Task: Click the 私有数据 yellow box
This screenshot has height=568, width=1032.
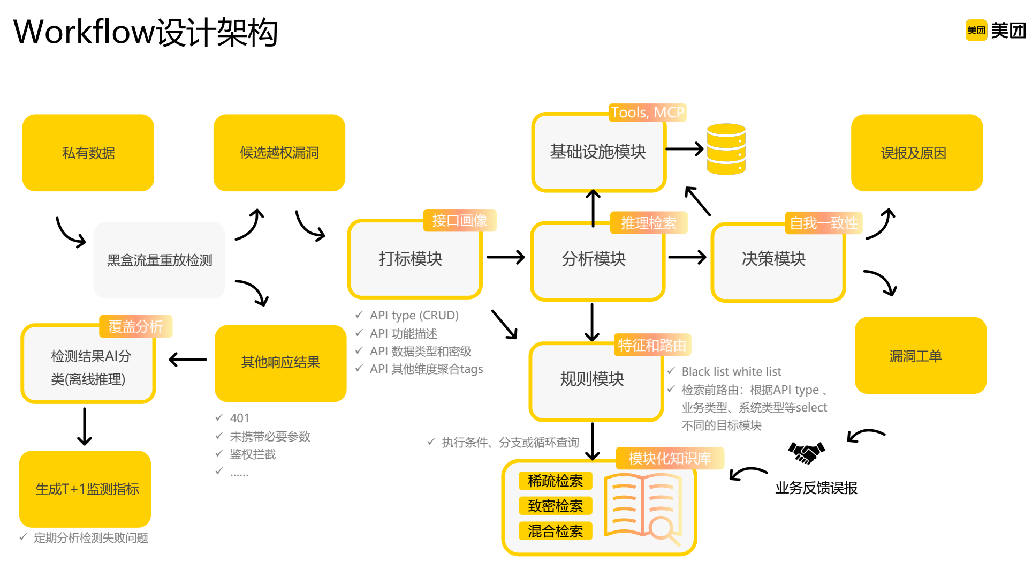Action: click(x=88, y=153)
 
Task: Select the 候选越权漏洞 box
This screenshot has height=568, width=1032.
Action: click(x=279, y=153)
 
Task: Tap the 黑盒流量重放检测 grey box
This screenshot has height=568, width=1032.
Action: click(x=160, y=260)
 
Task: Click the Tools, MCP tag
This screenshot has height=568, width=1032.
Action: click(x=648, y=113)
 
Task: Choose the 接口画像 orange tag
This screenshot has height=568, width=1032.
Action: click(x=460, y=220)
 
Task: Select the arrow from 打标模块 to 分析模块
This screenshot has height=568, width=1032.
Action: click(x=505, y=257)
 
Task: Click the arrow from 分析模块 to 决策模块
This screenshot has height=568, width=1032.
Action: click(x=687, y=257)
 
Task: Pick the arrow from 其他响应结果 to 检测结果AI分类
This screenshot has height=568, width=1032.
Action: click(x=187, y=360)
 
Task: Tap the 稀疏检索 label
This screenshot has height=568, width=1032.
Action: click(x=555, y=481)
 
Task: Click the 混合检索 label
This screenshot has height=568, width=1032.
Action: click(x=555, y=531)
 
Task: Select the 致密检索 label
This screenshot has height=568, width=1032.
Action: click(x=555, y=506)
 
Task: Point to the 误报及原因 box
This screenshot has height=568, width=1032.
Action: click(x=916, y=153)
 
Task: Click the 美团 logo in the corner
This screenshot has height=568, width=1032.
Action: click(x=995, y=31)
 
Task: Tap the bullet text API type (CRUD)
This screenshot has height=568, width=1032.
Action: click(x=414, y=315)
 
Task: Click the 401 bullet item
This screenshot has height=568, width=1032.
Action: click(x=239, y=418)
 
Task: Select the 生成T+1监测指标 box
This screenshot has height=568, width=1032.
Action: click(x=85, y=489)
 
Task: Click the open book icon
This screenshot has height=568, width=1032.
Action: click(x=642, y=506)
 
